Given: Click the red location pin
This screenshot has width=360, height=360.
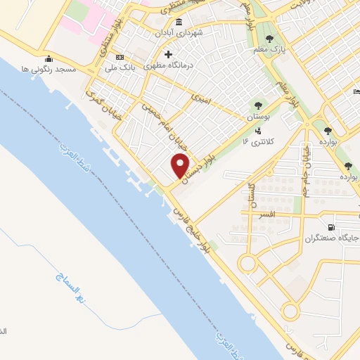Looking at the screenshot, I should (181, 165).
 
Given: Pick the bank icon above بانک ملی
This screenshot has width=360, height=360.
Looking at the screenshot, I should (119, 57).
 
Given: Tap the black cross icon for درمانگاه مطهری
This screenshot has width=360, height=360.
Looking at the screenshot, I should (167, 54).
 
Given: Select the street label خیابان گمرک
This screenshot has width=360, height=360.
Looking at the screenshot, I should (103, 108).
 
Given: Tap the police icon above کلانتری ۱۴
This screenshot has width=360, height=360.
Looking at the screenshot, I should (259, 130).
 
